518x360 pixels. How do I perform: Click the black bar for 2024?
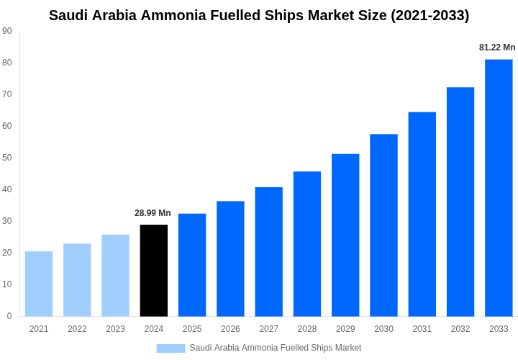[154, 271]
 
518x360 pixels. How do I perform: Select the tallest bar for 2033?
[499, 188]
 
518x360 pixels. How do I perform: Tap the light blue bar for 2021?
[39, 284]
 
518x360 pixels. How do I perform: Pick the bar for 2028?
[307, 244]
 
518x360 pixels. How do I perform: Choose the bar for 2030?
[383, 225]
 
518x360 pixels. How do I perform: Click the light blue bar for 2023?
[115, 276]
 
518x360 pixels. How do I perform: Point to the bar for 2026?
[230, 258]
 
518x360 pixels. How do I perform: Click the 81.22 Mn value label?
[497, 48]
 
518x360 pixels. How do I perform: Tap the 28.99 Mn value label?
[153, 213]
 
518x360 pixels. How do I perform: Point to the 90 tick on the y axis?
[7, 31]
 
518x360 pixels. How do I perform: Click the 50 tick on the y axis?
[7, 158]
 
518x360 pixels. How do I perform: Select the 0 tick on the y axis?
[9, 316]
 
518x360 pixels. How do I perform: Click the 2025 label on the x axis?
[192, 329]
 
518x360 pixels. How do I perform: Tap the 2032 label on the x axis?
[460, 329]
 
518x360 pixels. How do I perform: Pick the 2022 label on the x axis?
[77, 329]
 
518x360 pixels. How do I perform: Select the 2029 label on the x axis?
[345, 329]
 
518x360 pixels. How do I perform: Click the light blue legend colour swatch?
[171, 348]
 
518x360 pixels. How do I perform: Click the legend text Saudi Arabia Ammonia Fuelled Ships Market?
[276, 348]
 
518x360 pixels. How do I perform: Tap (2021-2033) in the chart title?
[430, 15]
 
